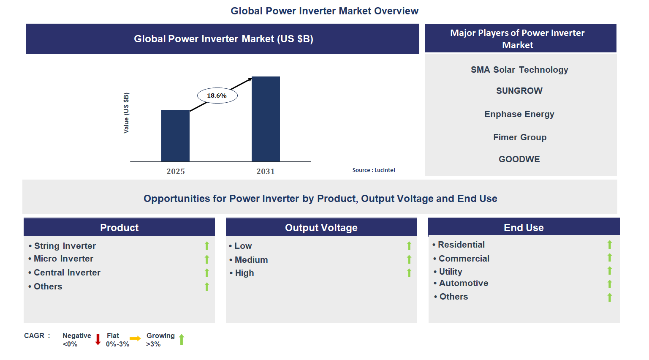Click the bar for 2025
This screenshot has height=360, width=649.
(175, 136)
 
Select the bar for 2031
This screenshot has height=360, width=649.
(266, 119)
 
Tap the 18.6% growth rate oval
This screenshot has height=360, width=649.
(217, 95)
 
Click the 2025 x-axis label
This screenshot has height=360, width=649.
(176, 171)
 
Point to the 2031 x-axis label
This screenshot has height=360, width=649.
(266, 171)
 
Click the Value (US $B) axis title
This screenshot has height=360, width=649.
(126, 113)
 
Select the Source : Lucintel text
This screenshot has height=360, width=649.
(374, 170)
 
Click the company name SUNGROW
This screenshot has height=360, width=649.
(519, 91)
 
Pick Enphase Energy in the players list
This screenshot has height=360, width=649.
(519, 114)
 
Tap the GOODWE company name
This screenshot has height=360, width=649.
(519, 159)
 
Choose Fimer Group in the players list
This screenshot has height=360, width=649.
(519, 137)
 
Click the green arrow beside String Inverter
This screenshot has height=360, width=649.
(207, 246)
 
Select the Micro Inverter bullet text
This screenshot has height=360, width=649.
(63, 259)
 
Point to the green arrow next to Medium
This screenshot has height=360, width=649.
(409, 259)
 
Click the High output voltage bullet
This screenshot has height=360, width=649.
(244, 273)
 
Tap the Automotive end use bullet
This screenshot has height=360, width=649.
(463, 283)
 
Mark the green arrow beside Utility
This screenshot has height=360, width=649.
(609, 271)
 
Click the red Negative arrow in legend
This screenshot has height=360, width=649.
(98, 339)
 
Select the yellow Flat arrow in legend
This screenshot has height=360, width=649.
(135, 338)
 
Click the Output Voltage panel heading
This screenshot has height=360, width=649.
(321, 228)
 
